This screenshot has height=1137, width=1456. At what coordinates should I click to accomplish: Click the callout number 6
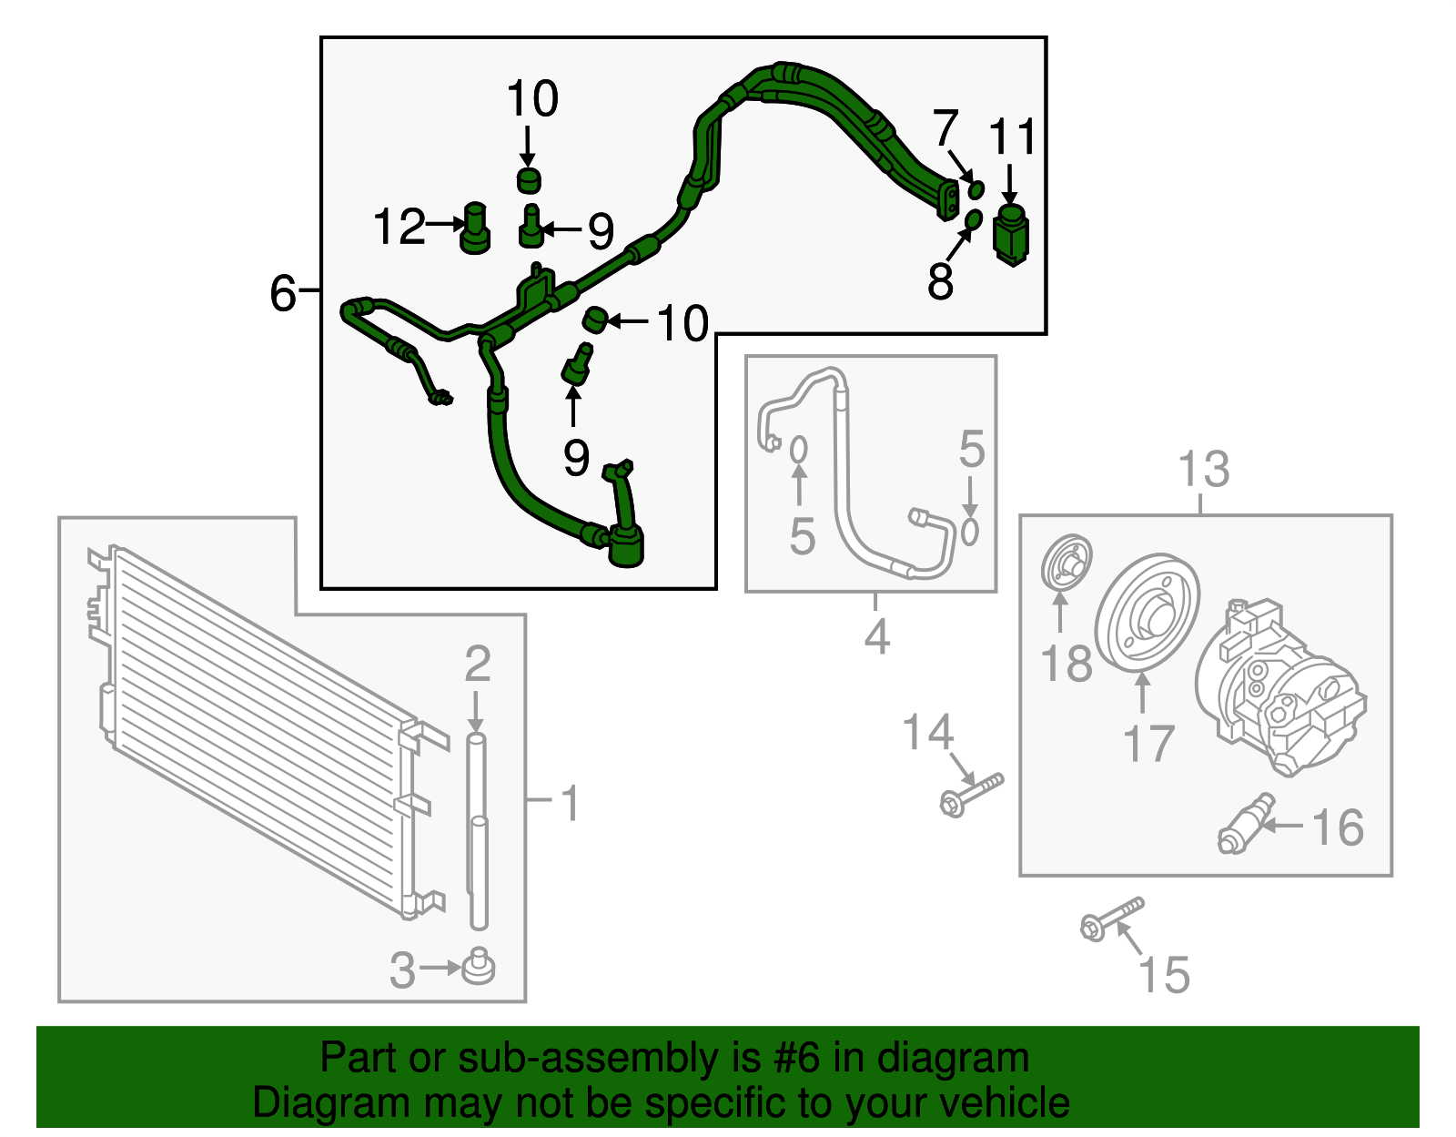tap(283, 294)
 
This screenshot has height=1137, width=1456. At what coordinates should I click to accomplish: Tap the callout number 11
tap(1012, 138)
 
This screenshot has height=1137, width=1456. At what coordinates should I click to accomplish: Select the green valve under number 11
tap(1012, 234)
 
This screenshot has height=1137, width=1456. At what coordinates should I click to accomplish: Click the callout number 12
tap(399, 227)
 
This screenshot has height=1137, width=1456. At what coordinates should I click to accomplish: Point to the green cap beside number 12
tap(475, 228)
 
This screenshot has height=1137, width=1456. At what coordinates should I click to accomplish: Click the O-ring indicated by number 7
tap(976, 189)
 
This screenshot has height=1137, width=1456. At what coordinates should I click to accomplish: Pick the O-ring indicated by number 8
tap(972, 219)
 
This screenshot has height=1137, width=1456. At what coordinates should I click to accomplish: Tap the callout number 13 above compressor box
tap(1203, 471)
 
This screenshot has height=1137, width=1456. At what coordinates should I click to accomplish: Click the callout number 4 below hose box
tap(876, 636)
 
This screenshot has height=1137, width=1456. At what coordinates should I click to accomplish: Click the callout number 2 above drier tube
tap(478, 665)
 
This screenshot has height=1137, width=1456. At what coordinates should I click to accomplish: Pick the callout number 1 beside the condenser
tap(570, 804)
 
